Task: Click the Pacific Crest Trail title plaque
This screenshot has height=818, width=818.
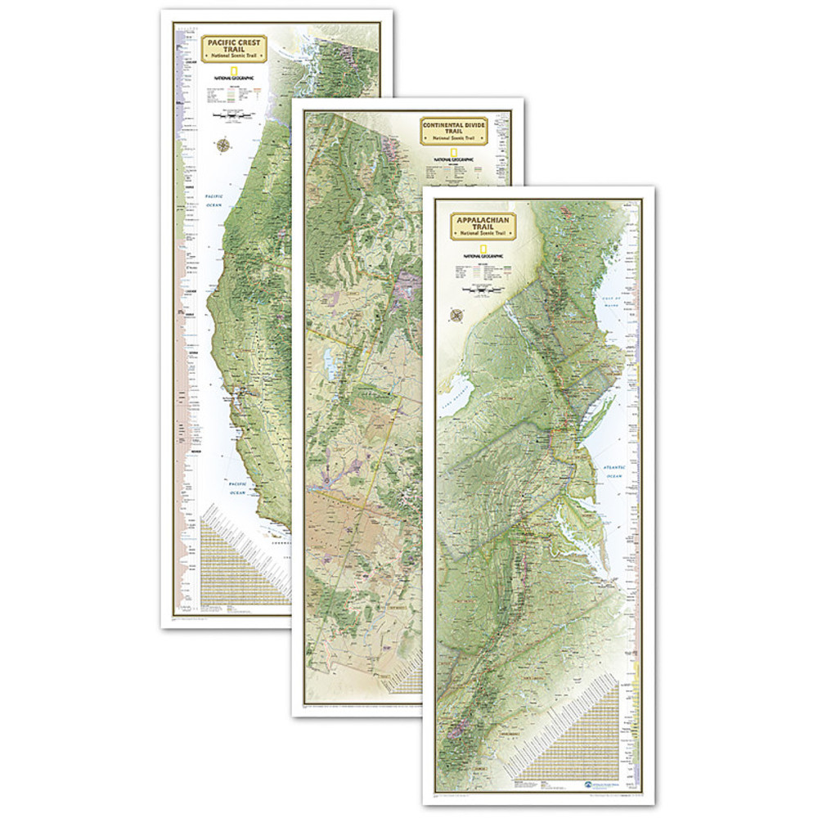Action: coord(230,47)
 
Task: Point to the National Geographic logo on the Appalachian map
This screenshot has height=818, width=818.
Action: coord(485,253)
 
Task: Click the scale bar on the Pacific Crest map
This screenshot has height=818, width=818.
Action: coord(230,117)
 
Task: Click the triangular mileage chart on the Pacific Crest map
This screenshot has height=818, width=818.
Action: coord(245,556)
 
